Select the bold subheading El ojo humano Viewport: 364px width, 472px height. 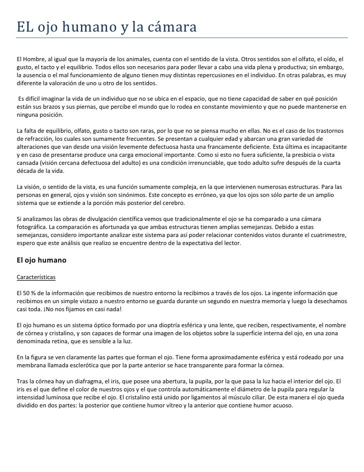tap(41, 261)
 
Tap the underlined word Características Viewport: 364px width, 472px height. tap(36, 277)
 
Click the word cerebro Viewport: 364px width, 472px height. tap(172, 203)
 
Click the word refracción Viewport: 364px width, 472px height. tap(40, 139)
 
